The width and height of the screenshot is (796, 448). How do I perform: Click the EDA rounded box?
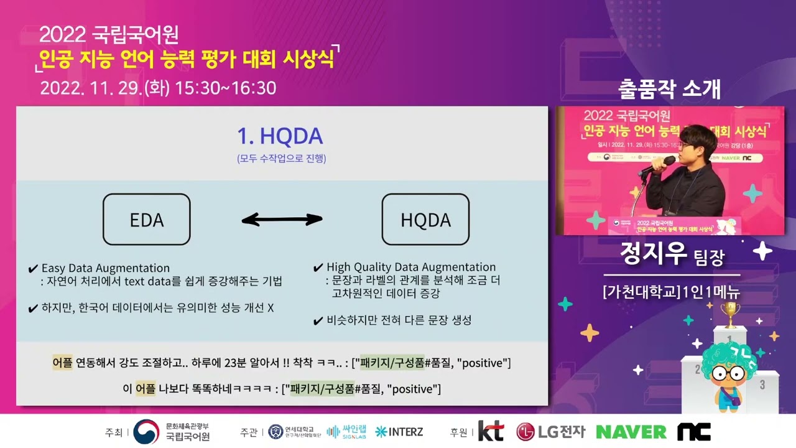click(146, 219)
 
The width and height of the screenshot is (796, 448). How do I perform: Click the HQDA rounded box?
click(425, 219)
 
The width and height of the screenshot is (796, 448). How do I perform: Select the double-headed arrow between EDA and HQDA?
click(282, 219)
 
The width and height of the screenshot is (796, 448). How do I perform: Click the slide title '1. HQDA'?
click(280, 136)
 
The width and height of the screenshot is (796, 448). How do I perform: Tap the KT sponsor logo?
click(491, 431)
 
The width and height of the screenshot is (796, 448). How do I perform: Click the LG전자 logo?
click(551, 431)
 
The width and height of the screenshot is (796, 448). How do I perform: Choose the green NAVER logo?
click(631, 431)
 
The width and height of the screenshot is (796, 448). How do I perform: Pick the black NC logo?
click(693, 431)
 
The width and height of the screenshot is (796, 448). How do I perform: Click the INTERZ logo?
click(399, 431)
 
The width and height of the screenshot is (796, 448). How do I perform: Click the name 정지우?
click(653, 254)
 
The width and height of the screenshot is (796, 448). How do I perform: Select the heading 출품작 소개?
click(669, 90)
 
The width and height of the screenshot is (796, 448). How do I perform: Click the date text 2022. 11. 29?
click(90, 88)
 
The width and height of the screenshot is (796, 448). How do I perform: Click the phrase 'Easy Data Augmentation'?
click(105, 268)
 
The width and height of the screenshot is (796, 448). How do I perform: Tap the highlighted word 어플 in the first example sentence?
click(62, 363)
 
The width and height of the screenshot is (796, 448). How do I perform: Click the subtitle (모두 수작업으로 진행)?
click(281, 159)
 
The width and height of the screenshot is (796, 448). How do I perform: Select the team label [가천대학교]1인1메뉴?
click(671, 291)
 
